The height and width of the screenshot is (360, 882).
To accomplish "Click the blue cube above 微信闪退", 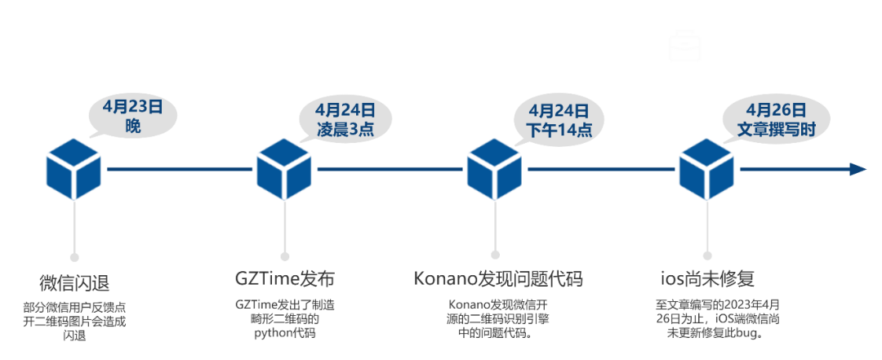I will coord(73,169).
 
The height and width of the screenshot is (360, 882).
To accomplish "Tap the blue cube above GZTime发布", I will coord(284,169).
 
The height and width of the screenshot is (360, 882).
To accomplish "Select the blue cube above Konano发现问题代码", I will coord(494,169).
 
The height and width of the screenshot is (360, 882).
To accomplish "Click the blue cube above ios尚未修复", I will coord(707,169).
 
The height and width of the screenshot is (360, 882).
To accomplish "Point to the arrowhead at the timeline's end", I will coord(857,169).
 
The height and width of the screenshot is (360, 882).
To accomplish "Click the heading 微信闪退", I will coord(74,282).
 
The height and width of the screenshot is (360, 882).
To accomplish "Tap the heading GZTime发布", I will coord(284,278).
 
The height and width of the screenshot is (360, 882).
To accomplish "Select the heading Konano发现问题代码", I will coord(497,278).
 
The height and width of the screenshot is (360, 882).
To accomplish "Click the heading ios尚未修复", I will coord(707,278).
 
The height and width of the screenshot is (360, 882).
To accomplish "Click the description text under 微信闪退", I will coord(74,322).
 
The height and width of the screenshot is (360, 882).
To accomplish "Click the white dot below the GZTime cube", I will coord(284,254).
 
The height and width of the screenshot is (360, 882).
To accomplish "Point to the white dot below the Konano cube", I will coord(495,254).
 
